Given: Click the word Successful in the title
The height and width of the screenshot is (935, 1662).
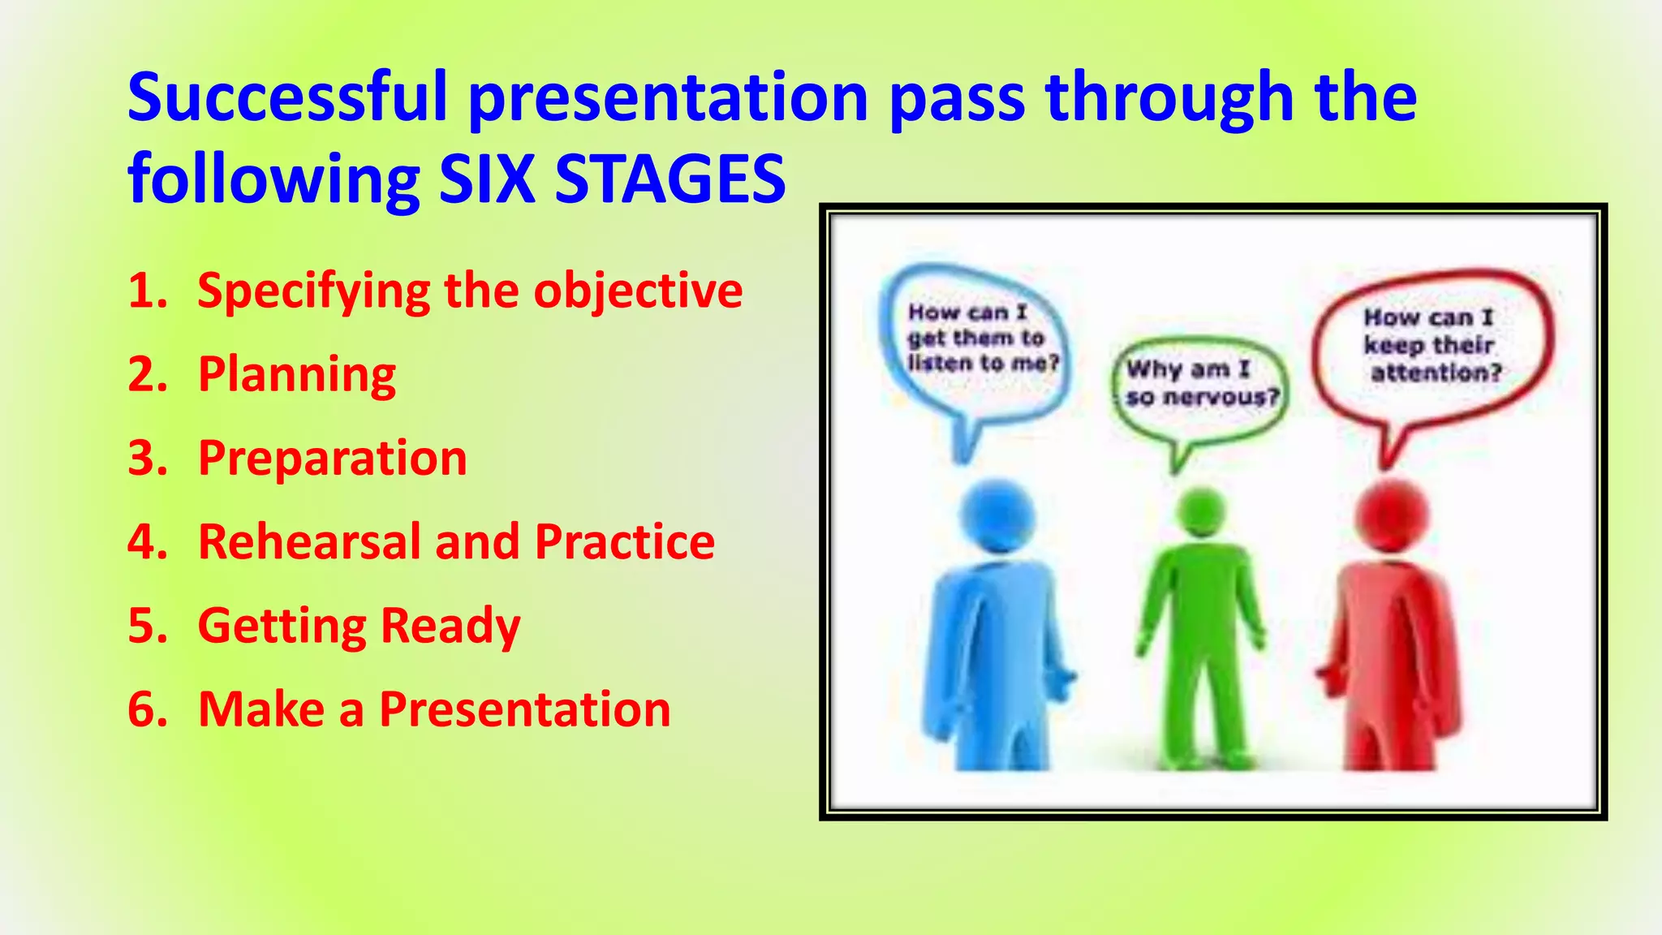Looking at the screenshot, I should pos(287,97).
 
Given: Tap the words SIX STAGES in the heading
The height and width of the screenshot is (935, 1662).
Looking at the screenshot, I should pos(612,179).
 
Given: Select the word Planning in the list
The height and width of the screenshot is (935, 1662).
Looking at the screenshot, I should pos(297,375).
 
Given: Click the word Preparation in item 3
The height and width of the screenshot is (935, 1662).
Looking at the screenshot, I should pos(333,459).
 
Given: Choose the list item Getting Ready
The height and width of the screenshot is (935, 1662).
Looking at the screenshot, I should pos(359,627).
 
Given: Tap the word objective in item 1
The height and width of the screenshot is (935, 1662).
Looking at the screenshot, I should pos(638,291).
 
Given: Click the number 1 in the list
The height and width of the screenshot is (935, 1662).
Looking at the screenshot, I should pos(143,291).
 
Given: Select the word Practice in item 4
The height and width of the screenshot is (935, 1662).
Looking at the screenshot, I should pos(625,542).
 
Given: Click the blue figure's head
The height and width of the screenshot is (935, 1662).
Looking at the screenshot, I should pos(997,515).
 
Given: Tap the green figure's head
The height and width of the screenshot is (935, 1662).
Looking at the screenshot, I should pos(1199,514).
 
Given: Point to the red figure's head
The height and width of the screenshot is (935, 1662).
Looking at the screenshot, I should pos(1391,516).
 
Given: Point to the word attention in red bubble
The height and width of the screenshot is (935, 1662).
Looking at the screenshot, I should pos(1436,373).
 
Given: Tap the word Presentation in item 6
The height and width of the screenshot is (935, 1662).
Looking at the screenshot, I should pos(524,709).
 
